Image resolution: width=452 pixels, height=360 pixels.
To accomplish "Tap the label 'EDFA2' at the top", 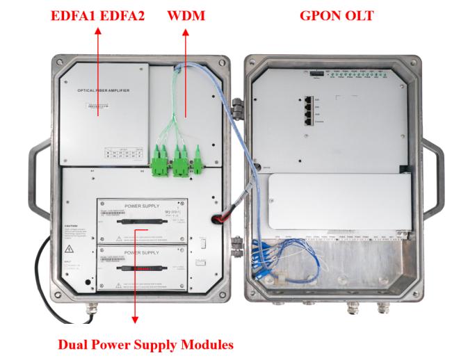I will (119, 15).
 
